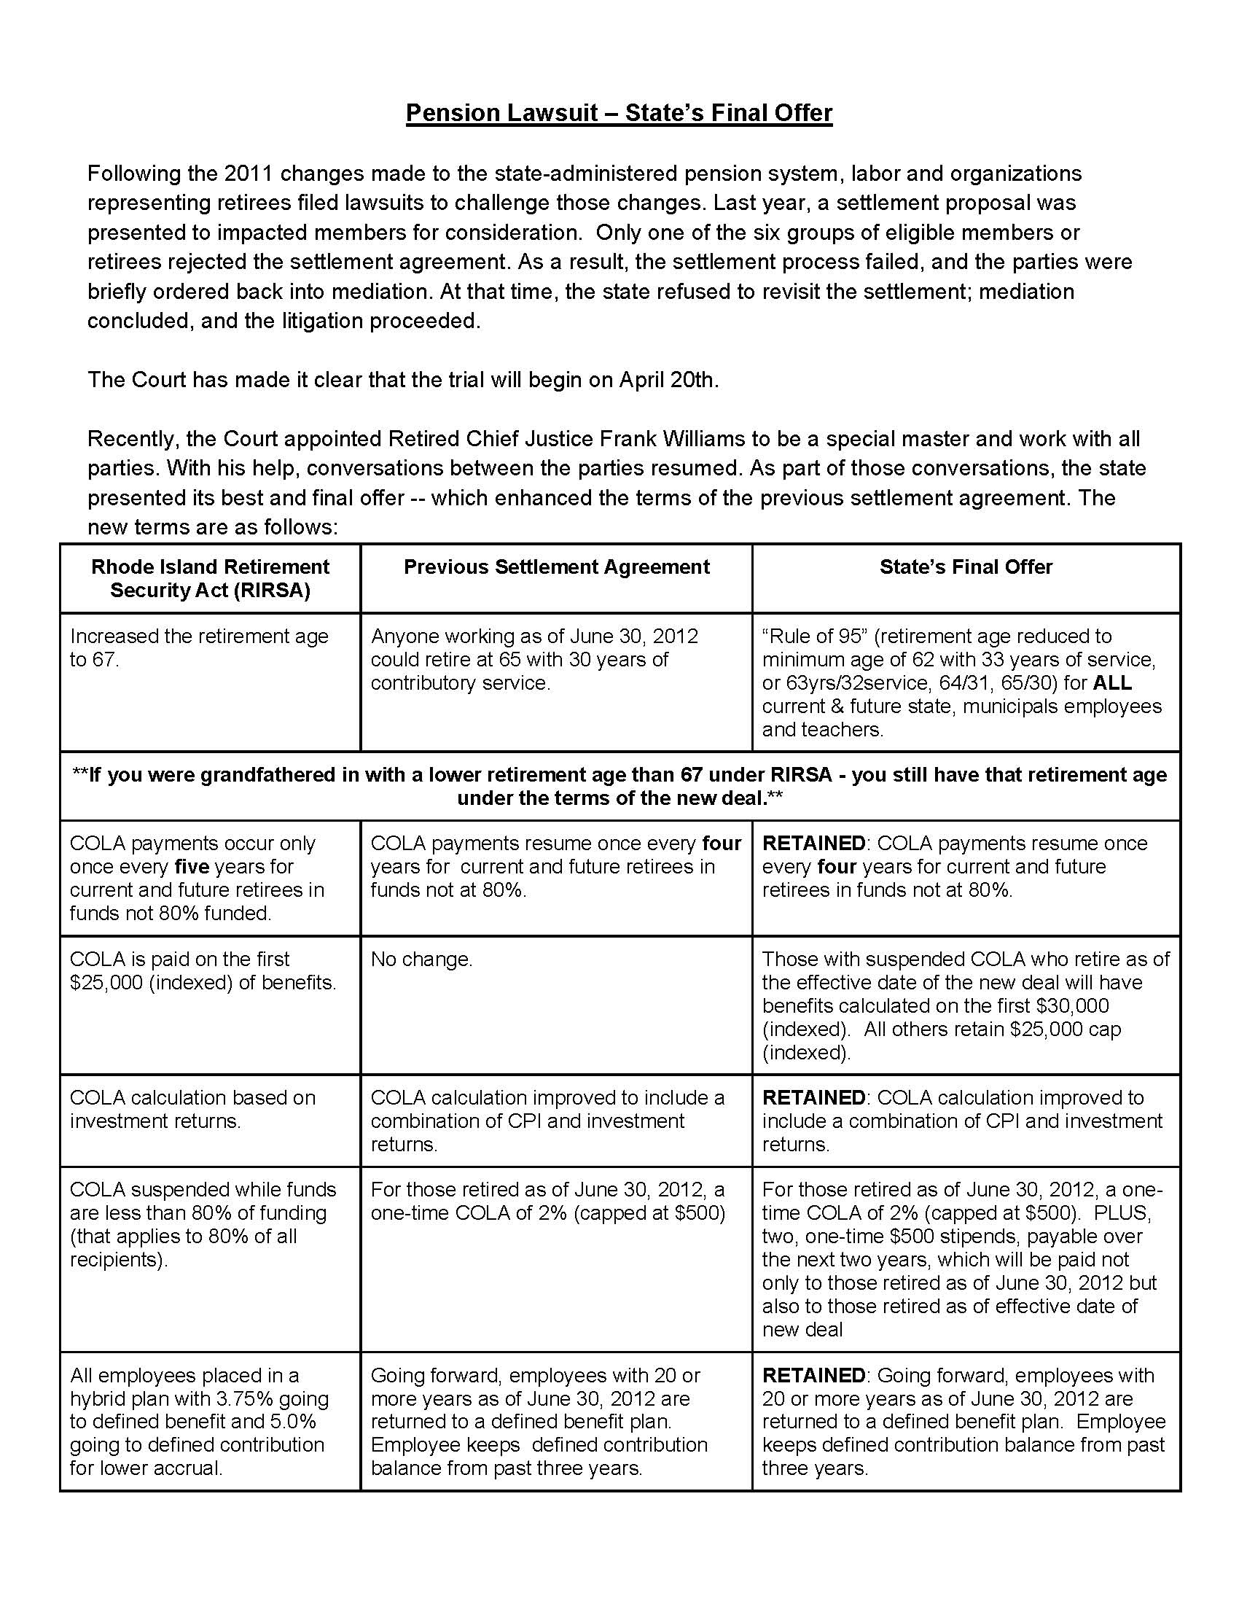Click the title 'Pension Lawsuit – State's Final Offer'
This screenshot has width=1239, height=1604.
(619, 113)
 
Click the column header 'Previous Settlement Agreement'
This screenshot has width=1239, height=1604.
(556, 567)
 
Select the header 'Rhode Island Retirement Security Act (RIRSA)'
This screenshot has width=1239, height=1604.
(210, 579)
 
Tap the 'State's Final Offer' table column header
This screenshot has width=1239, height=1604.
(966, 567)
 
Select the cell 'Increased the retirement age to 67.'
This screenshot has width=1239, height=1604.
(199, 647)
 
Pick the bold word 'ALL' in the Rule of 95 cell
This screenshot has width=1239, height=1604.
(1112, 683)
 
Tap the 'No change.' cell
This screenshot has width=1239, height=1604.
(421, 959)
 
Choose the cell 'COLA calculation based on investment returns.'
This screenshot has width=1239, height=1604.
(192, 1109)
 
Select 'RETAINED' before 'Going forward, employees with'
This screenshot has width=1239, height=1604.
(813, 1376)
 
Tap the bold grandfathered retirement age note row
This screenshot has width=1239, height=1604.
(619, 786)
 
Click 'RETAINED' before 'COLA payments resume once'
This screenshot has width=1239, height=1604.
(813, 843)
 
